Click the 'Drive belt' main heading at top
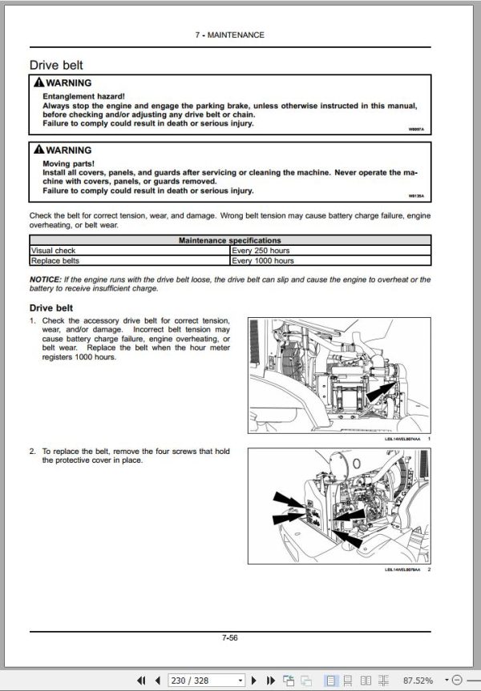tap(56, 64)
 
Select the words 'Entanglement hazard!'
tap(79, 95)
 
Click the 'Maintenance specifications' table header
tap(229, 240)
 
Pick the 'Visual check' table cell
tap(53, 250)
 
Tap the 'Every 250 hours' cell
tap(262, 250)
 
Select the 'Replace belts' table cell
tap(55, 260)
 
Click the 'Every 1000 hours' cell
tap(264, 260)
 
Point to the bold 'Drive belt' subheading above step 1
tap(53, 307)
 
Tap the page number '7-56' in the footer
tap(229, 638)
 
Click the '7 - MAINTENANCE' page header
tap(229, 35)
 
